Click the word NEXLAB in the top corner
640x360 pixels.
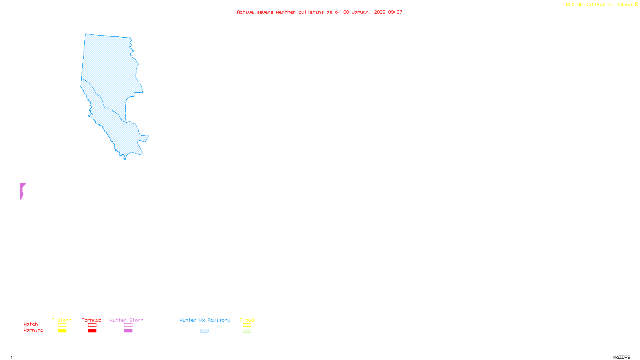[574, 5]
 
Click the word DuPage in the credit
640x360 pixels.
[624, 5]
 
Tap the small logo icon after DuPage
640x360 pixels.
[636, 4]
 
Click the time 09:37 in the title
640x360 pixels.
[395, 12]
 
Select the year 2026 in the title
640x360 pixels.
[380, 12]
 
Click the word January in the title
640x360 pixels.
[361, 12]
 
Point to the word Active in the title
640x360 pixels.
[245, 12]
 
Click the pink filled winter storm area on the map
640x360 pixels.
[22, 191]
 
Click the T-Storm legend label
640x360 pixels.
[62, 320]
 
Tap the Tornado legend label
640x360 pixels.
[92, 320]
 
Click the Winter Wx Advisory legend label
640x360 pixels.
[205, 320]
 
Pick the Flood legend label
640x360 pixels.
[247, 320]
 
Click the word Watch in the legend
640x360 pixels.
[31, 324]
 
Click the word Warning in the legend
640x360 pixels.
[34, 330]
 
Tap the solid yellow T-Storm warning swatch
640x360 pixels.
[62, 331]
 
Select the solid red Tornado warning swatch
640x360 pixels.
[92, 331]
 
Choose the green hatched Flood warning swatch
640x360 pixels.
[247, 331]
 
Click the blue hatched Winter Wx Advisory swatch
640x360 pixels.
[204, 331]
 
